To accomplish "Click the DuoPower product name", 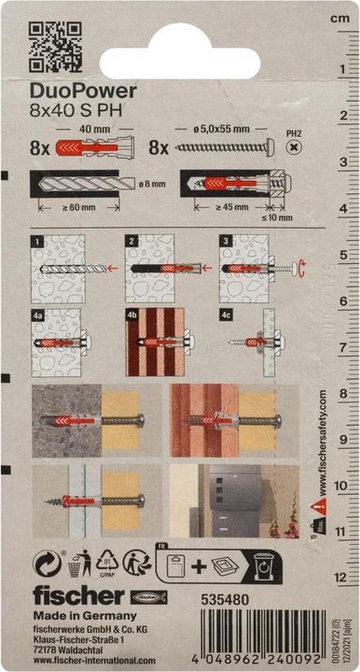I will pos(82,91).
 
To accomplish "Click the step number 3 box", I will pos(226,242).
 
